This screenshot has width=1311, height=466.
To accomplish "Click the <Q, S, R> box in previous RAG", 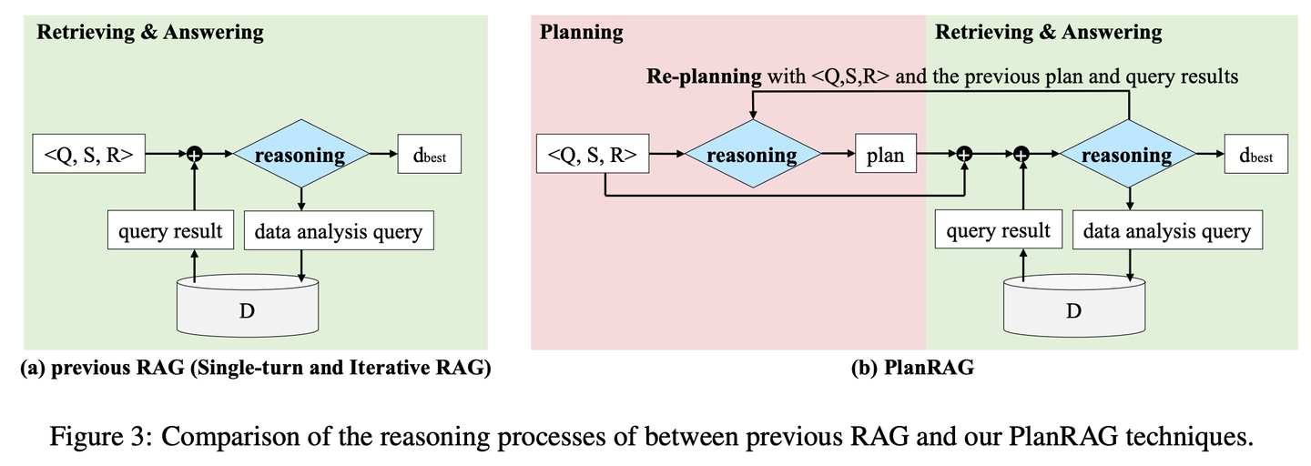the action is click(x=89, y=154).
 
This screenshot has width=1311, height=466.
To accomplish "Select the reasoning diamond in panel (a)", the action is click(x=300, y=154).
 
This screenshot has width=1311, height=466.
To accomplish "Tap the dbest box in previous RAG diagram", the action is click(x=430, y=154).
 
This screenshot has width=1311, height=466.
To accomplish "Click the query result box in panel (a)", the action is click(x=170, y=230).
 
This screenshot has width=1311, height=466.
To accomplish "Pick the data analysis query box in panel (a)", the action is click(x=339, y=230).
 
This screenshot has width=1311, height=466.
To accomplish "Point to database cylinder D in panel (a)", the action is click(x=249, y=305).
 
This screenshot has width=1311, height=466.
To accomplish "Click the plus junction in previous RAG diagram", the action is click(x=194, y=154).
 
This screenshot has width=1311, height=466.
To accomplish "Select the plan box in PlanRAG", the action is click(x=886, y=154).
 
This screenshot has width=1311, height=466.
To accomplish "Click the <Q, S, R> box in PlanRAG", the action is click(x=593, y=154).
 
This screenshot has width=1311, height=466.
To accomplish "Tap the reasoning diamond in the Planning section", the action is click(x=753, y=154).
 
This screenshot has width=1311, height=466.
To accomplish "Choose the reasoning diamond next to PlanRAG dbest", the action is click(x=1128, y=154).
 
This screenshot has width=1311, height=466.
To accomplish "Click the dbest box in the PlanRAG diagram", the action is click(x=1256, y=154).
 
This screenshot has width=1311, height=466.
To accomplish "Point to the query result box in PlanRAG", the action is click(x=999, y=229).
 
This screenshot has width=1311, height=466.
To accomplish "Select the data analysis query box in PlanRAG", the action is click(x=1167, y=229).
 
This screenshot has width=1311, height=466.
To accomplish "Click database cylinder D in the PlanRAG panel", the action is click(x=1074, y=305).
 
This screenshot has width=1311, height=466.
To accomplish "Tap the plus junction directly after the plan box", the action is click(x=964, y=154).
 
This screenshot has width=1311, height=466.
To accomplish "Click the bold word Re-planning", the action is click(x=704, y=76).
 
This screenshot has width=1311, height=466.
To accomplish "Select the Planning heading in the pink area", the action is click(x=581, y=32).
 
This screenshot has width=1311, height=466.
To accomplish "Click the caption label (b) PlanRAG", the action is click(x=913, y=368).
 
